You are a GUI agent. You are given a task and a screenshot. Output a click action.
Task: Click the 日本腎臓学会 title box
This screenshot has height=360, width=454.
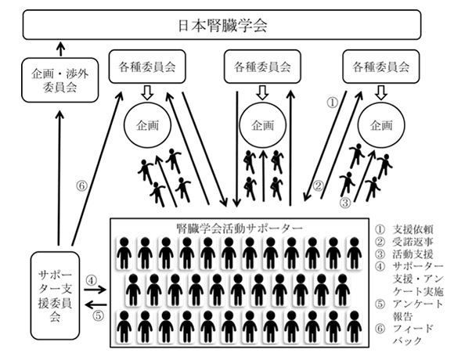click(222, 24)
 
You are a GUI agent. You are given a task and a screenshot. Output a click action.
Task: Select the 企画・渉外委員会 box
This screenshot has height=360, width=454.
click(60, 80)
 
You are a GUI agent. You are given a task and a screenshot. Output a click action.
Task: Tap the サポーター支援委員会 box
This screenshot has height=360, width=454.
click(55, 296)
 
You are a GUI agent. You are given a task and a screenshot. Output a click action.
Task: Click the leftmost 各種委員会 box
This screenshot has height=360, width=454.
click(147, 67)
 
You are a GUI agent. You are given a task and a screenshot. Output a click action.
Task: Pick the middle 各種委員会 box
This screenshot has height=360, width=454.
click(262, 67)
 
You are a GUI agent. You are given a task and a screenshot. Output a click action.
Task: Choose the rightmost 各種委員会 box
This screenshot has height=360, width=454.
click(381, 67)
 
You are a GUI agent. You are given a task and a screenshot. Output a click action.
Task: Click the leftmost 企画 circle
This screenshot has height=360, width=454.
click(147, 125)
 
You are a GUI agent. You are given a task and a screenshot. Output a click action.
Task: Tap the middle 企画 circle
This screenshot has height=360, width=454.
click(262, 125)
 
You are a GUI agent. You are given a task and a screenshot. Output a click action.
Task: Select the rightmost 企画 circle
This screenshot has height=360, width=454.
click(381, 125)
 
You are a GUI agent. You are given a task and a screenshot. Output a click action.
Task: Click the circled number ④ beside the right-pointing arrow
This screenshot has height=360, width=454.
click(91, 280)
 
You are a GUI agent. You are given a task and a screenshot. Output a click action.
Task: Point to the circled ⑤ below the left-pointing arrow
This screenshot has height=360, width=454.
click(98, 315)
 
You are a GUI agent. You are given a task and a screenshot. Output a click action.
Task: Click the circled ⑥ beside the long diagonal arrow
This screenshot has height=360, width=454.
click(81, 185)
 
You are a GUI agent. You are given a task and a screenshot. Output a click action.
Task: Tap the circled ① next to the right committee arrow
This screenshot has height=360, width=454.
click(333, 102)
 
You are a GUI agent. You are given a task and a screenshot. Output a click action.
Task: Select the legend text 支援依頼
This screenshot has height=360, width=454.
click(413, 229)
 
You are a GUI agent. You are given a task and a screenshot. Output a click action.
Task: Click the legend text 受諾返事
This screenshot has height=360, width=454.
click(413, 242)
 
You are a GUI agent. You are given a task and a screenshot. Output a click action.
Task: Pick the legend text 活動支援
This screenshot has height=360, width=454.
click(413, 254)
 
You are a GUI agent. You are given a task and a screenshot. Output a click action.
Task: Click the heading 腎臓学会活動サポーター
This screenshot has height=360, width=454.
click(240, 229)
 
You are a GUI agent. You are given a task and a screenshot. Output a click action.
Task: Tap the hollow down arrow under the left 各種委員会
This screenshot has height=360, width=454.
click(147, 92)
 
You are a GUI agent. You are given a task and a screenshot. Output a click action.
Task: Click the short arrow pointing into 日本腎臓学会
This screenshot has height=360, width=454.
click(60, 49)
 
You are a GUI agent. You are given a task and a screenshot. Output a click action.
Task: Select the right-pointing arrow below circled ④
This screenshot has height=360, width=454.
click(95, 290)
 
